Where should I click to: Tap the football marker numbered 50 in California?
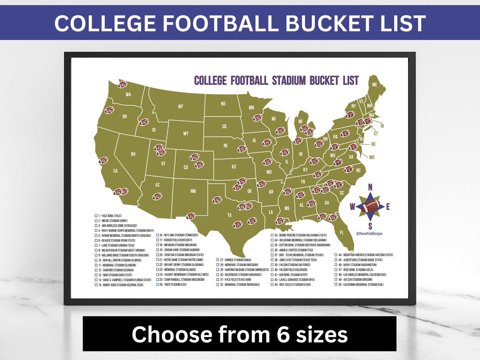coord(103,160)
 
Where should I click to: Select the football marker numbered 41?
coord(191,216)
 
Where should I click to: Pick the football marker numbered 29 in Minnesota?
coord(258,118)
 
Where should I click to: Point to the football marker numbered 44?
coord(157,196)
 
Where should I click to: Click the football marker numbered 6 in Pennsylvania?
coord(344,133)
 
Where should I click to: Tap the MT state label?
coord(180,107)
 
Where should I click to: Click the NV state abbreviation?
coord(133,154)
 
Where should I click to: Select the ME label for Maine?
coord(375,84)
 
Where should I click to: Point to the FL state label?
coord(341,232)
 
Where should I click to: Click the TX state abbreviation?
coord(229,215)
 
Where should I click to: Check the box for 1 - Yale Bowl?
coord(96,216)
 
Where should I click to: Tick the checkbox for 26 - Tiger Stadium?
coord(157,284)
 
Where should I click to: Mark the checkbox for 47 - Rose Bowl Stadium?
coord(336,270)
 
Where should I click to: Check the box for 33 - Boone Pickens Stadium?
coord(272,235)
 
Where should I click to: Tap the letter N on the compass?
coord(370,187)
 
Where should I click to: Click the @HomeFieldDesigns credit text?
coord(369,233)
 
